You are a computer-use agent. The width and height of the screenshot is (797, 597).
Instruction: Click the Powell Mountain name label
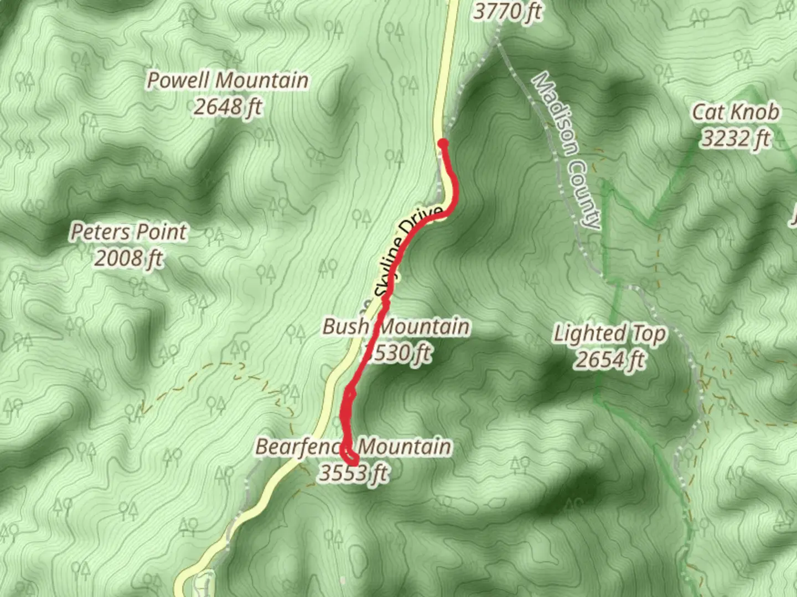pyautogui.click(x=227, y=80)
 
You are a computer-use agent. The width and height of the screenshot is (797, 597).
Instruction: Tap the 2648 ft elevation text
pyautogui.click(x=227, y=106)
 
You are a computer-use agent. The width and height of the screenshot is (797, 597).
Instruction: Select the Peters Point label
pyautogui.click(x=129, y=232)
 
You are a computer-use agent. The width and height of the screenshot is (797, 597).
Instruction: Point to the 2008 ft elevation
pyautogui.click(x=129, y=258)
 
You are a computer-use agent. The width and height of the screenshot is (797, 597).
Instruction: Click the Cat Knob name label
pyautogui.click(x=736, y=112)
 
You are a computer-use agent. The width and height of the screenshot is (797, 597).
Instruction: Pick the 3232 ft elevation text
pyautogui.click(x=736, y=138)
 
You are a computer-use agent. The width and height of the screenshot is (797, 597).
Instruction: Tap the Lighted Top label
pyautogui.click(x=610, y=334)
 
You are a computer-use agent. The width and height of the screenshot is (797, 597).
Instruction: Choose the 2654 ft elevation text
pyautogui.click(x=610, y=360)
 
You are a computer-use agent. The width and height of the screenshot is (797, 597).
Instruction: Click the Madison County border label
pyautogui.click(x=566, y=150)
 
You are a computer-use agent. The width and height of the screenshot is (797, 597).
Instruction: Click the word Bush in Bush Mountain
pyautogui.click(x=345, y=326)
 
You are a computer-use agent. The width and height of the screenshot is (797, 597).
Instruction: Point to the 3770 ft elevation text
pyautogui.click(x=507, y=11)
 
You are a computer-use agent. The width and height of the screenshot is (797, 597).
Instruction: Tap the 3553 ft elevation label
pyautogui.click(x=353, y=473)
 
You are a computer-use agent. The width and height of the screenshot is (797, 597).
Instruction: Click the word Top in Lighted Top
pyautogui.click(x=648, y=334)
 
